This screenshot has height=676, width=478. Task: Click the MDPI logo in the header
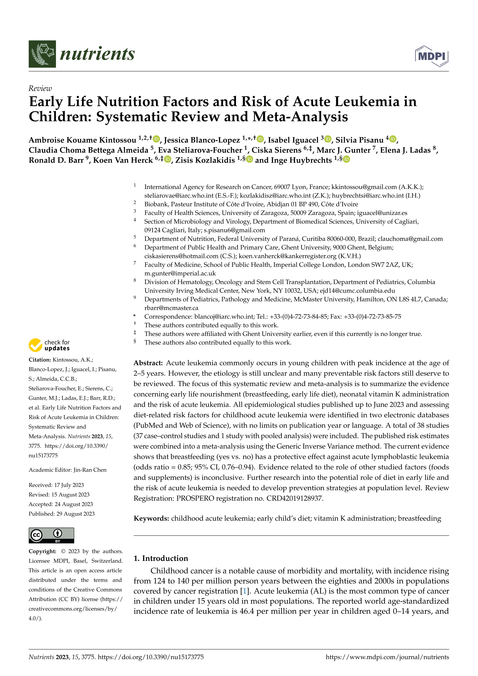(x=432, y=56)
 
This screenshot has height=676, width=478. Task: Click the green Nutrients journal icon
(x=42, y=54)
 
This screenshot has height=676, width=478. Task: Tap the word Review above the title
(x=40, y=88)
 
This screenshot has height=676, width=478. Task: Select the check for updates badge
(x=49, y=345)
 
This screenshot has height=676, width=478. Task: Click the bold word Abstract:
(x=148, y=363)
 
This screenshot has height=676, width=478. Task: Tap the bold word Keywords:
(x=151, y=519)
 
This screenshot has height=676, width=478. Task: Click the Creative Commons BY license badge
(x=51, y=535)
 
